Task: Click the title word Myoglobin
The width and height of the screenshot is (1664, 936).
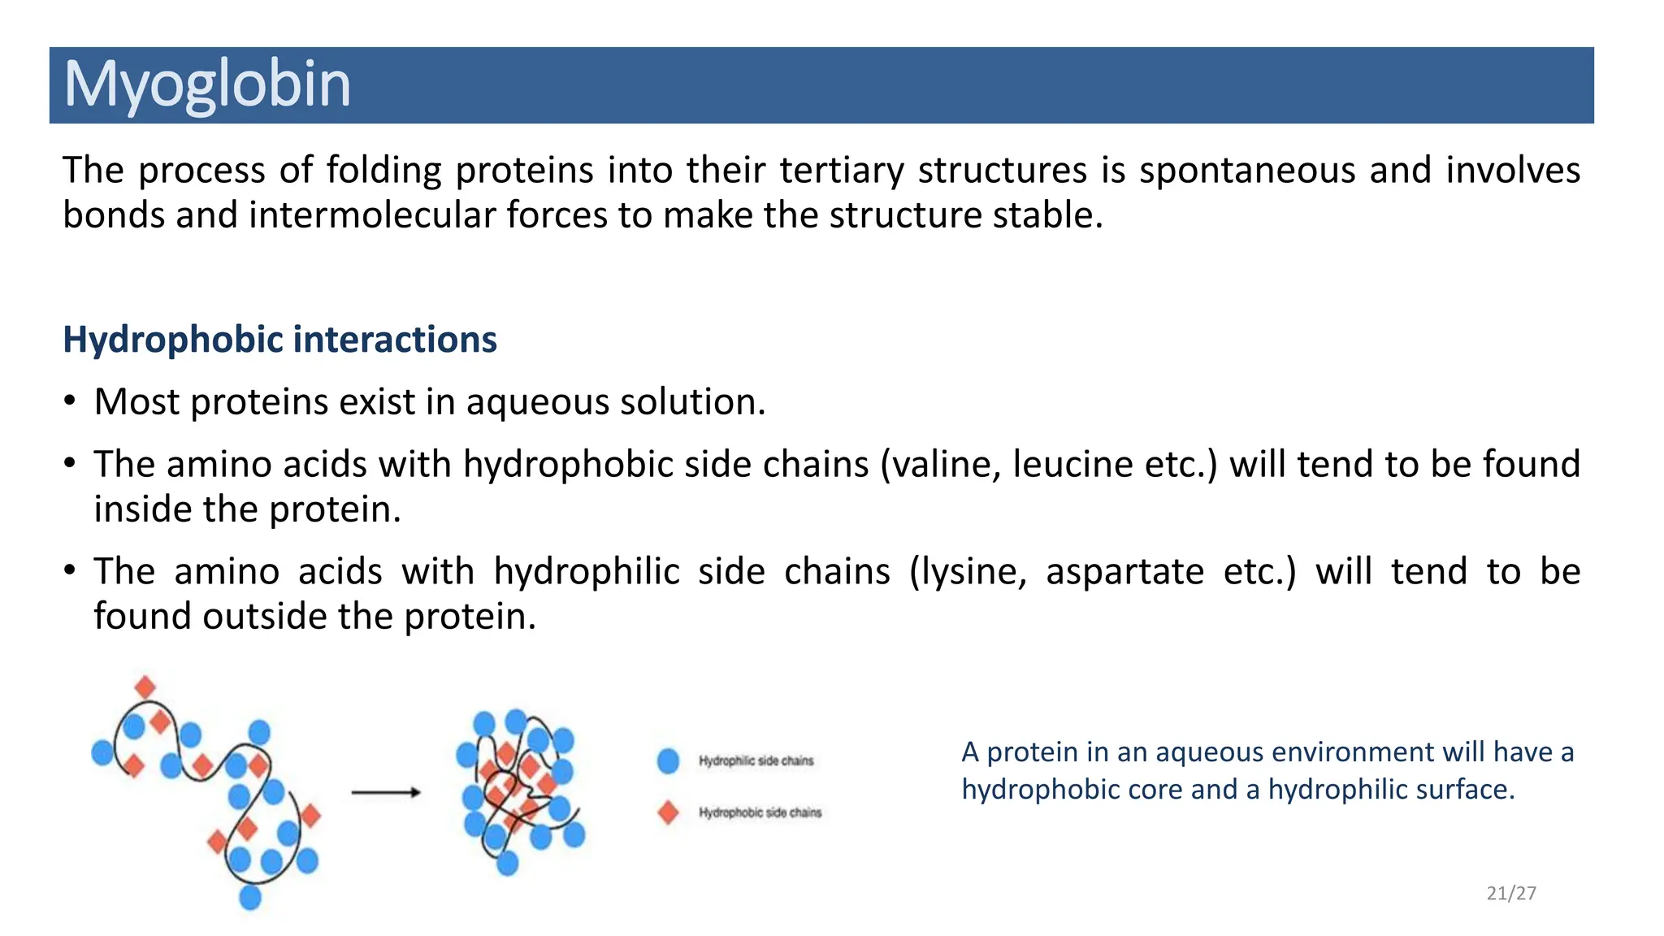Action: [x=207, y=84]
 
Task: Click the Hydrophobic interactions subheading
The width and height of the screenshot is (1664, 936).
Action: [x=279, y=340]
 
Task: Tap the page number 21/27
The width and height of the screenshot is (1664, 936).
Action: [x=1510, y=893]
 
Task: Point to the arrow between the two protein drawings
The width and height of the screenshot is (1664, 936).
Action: [x=386, y=792]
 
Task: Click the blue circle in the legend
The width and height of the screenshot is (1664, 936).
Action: [x=668, y=761]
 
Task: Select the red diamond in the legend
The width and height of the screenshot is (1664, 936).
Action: [x=668, y=812]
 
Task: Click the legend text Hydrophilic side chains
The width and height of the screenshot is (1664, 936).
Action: [x=756, y=761]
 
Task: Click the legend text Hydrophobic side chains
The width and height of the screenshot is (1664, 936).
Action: [x=760, y=812]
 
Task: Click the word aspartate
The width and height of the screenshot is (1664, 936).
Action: [x=1124, y=573]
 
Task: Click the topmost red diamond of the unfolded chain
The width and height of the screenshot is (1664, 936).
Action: [x=145, y=687]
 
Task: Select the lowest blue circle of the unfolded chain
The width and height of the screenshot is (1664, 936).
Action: [x=250, y=897]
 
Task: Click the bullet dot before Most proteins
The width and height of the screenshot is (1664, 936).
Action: [x=71, y=401]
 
